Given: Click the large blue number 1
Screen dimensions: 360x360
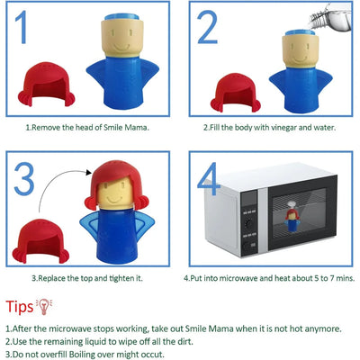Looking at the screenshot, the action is (22, 27).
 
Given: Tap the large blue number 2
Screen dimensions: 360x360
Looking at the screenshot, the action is (207, 28).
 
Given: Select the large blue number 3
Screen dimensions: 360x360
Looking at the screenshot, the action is (24, 179).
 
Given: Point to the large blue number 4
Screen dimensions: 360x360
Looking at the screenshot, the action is (209, 179).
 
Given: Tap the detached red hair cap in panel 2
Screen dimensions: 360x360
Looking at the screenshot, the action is (236, 93).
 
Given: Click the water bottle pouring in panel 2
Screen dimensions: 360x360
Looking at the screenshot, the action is (330, 16).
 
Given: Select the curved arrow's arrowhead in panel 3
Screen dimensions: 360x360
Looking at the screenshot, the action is (88, 172).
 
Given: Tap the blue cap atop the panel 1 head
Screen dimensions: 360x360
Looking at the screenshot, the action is (121, 17).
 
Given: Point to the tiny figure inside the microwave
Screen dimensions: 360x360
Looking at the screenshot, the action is (291, 220).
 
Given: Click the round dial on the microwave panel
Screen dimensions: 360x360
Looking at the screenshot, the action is (248, 223).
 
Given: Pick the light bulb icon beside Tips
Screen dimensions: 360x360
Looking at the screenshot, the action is (44, 306).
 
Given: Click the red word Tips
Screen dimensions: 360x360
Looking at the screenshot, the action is (20, 307).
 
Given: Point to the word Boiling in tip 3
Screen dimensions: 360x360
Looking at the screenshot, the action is (82, 355).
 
